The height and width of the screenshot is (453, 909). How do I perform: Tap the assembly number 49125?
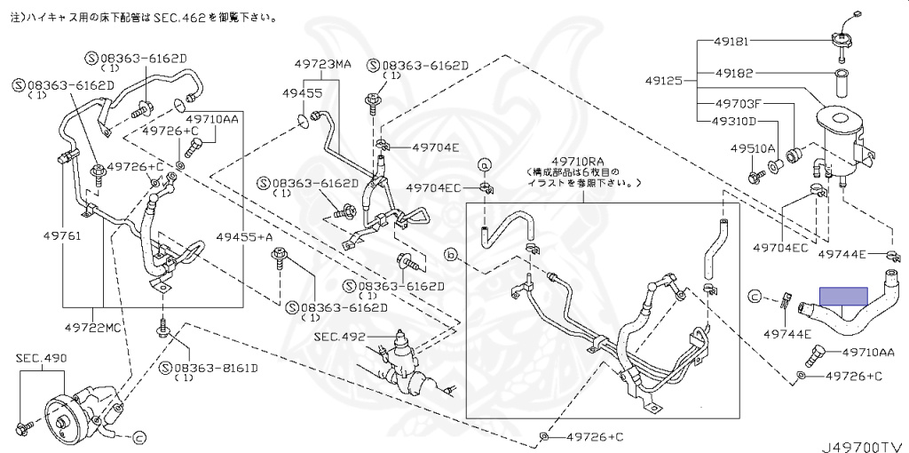[663, 80]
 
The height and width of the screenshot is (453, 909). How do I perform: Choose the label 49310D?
[736, 121]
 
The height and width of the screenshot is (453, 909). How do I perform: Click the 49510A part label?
[753, 148]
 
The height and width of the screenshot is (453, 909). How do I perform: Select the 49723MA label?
[324, 64]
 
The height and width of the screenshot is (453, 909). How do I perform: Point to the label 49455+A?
[244, 238]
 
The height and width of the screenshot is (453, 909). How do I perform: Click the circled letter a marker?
[485, 164]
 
